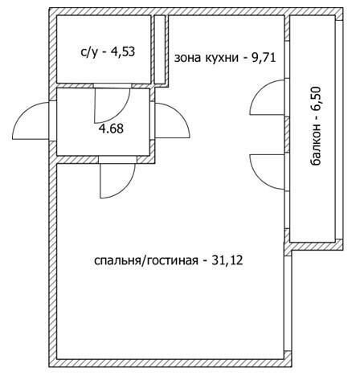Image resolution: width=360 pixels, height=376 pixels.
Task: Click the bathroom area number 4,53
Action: pos(123,51)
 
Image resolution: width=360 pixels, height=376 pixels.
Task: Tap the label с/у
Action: pos(88,52)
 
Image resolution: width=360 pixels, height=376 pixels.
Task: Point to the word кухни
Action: pos(222,58)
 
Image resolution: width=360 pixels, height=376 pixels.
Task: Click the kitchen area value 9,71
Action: pos(264,58)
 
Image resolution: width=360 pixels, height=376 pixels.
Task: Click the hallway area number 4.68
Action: pos(111,129)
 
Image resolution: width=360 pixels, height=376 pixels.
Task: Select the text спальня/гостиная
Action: pos(146,260)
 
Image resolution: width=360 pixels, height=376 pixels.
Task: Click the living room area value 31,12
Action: pos(227,260)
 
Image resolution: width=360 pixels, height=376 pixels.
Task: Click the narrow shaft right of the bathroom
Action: pos(160,50)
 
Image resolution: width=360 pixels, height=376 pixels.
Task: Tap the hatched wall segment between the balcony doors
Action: pos(287,135)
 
